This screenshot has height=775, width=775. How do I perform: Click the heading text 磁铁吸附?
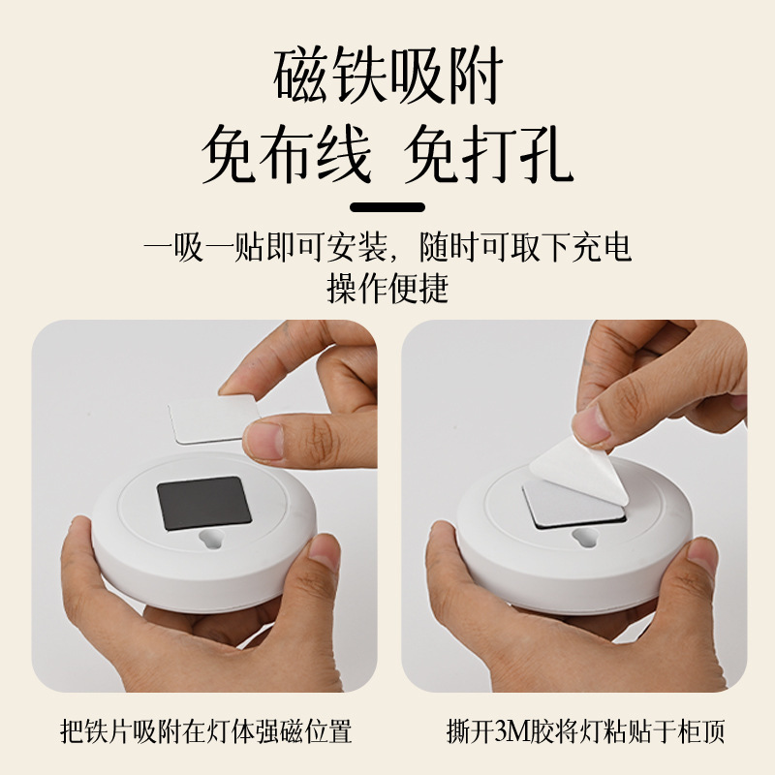point(388,76)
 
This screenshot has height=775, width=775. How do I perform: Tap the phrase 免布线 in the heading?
point(286,154)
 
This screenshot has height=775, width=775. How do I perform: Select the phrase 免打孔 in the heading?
point(489,154)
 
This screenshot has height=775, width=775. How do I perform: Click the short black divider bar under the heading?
point(387,207)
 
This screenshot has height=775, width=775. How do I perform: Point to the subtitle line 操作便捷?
point(387,288)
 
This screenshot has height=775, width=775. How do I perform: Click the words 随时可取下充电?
point(526,247)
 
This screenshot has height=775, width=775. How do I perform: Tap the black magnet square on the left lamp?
point(204,503)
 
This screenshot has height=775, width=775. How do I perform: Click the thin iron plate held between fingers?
point(213,419)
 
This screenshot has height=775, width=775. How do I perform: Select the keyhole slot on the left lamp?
point(211,539)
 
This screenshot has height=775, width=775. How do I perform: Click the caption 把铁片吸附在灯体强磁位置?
point(205,731)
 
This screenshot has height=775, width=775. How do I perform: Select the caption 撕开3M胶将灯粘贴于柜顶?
point(586,731)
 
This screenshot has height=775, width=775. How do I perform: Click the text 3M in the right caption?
point(512,732)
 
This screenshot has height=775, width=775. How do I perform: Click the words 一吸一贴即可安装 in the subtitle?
point(265,247)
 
